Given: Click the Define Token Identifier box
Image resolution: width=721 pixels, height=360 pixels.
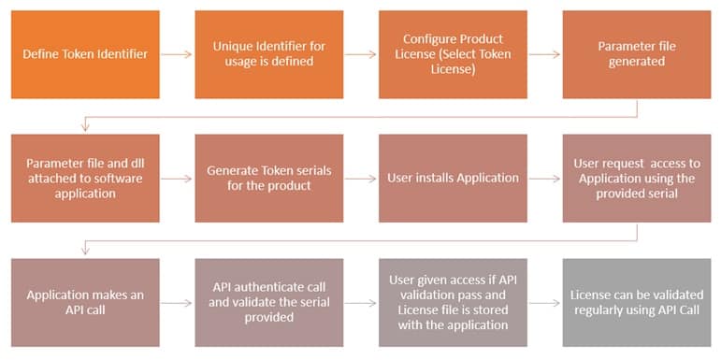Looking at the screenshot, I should tap(85, 54).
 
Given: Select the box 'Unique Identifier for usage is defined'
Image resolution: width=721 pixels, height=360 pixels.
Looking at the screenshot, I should tap(269, 54).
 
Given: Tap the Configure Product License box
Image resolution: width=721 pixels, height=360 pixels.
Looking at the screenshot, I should tap(453, 54).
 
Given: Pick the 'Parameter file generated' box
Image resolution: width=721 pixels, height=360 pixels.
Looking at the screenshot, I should tap(637, 54).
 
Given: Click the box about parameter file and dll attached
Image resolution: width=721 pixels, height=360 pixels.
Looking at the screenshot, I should tap(85, 178).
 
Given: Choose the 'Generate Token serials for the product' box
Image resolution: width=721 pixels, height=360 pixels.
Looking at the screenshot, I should tap(269, 178).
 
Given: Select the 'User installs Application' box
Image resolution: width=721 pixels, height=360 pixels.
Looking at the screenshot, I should tap(453, 178).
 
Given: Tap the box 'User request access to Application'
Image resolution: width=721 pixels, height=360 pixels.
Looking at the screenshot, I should tap(637, 178).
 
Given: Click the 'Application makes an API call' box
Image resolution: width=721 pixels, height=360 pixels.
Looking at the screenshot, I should tap(85, 302).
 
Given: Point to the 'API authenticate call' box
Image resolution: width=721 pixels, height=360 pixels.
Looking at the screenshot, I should tap(269, 302).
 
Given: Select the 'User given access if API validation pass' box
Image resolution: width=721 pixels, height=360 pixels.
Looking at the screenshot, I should tap(453, 302).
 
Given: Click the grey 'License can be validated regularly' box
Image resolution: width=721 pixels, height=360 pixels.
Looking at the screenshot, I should tap(637, 302).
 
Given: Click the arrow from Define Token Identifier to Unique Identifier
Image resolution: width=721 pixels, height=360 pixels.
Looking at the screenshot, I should tap(177, 54).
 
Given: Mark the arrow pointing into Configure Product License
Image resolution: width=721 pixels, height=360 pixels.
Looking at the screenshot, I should tap(361, 54).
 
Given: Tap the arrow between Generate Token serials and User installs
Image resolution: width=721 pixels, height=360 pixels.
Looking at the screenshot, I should tap(361, 178).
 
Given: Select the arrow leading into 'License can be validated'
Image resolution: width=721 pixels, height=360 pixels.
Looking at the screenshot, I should tap(544, 302).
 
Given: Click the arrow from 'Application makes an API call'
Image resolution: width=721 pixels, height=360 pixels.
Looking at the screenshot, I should tap(177, 302).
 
